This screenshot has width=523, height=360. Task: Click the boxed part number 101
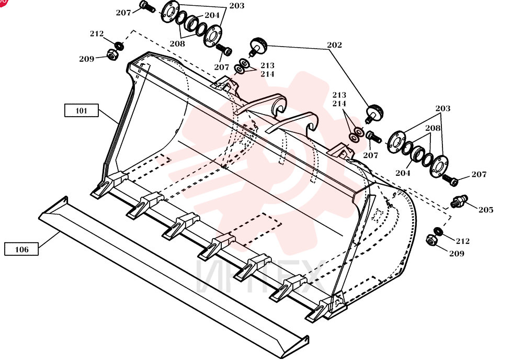[82, 110]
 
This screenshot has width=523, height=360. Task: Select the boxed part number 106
[21, 249]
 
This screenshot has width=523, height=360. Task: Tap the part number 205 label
[486, 210]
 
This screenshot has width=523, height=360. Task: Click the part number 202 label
[334, 45]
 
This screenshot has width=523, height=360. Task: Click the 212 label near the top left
[97, 33]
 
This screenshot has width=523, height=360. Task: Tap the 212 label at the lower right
[463, 241]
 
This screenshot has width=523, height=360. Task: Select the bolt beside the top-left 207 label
[147, 7]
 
